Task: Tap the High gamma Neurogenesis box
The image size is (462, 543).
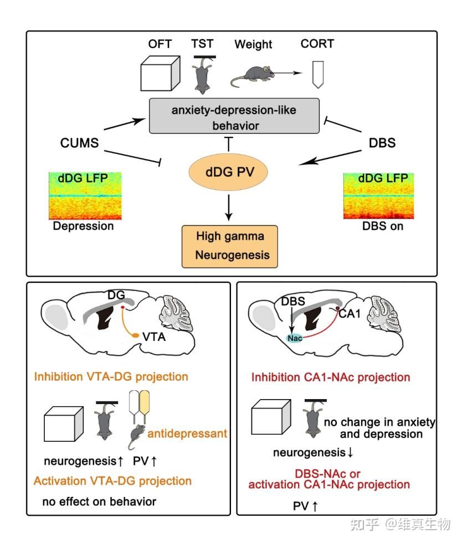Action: pos(230,246)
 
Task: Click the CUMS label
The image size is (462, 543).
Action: pos(79,143)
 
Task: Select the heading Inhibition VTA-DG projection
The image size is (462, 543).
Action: pos(111,377)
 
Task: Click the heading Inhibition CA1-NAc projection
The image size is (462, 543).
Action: pos(330,378)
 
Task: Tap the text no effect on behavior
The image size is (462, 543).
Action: pos(99,501)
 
